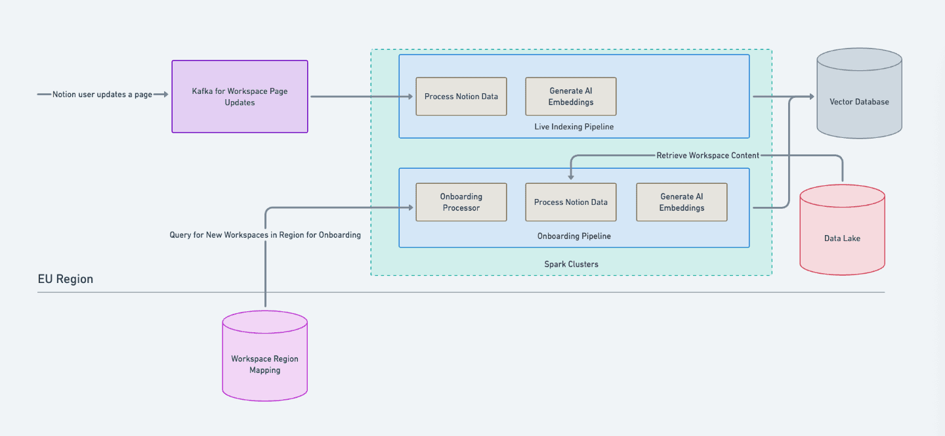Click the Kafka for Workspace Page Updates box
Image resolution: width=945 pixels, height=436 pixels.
coord(240,97)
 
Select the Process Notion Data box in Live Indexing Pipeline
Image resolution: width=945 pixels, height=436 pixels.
coord(461,97)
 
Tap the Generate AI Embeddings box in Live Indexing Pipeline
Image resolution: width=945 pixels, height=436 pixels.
coord(571,97)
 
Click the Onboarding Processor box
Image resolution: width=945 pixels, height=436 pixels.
coord(461,202)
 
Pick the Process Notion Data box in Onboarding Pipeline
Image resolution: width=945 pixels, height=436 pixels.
coord(571,202)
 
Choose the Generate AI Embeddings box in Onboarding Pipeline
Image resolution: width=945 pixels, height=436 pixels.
coord(681,202)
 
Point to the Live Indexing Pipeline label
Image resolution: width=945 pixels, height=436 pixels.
coord(574,127)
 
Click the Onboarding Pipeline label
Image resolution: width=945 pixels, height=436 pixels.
coord(574,236)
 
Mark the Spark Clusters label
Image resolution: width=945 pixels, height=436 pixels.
coord(571,264)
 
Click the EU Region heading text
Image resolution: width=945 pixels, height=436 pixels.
coord(66,279)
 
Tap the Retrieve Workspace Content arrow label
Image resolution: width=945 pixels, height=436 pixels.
coord(707,156)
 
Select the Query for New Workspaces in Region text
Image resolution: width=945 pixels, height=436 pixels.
coord(265,234)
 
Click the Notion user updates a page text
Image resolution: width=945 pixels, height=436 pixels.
coord(102,95)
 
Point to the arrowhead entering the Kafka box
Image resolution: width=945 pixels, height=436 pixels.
coord(165,95)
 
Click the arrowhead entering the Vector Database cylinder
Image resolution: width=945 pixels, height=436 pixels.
coord(810,97)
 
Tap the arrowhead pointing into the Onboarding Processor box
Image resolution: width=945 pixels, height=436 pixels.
coord(410,207)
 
